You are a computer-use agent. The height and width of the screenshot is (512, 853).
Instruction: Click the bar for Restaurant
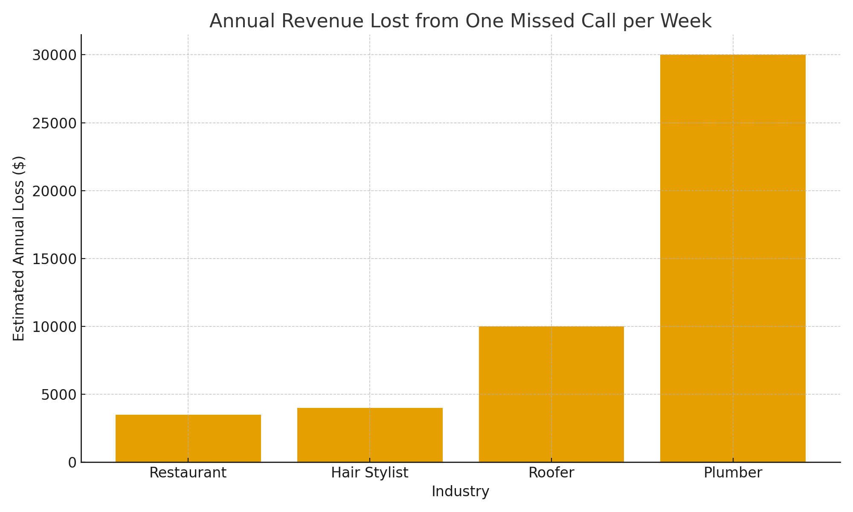coord(188,438)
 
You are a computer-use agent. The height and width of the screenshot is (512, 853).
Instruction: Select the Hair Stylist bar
coord(370,435)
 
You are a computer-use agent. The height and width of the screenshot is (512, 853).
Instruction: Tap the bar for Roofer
coord(551,394)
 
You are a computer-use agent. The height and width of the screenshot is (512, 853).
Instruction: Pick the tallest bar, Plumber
coord(733,258)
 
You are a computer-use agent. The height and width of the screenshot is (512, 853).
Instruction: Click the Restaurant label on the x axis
coord(188,473)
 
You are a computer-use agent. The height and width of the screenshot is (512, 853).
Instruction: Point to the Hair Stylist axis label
coord(370,473)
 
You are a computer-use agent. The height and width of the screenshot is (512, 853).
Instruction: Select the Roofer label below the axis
coord(551,473)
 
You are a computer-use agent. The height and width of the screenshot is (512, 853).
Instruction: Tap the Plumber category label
coord(733,473)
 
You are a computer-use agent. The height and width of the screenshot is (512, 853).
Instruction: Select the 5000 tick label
coord(58,394)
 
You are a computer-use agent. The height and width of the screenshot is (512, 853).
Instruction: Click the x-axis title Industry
coord(460,492)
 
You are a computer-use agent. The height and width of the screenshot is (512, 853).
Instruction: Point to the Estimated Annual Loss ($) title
coord(19,248)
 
